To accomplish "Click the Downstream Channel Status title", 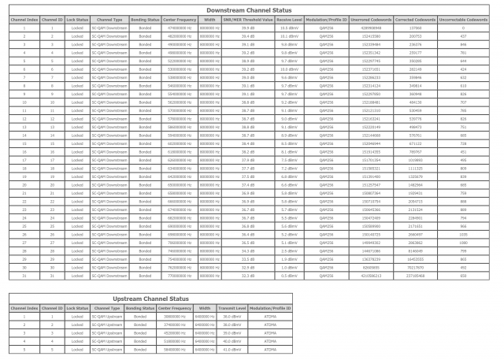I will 251,6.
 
